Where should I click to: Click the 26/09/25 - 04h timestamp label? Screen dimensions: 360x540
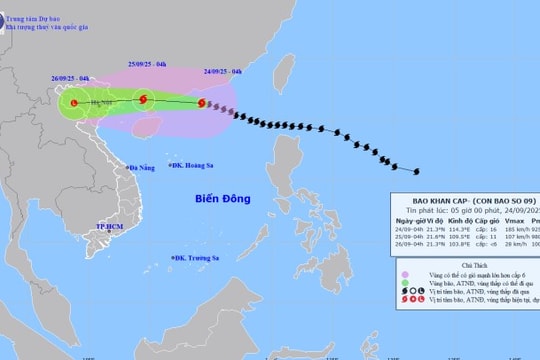(72, 77)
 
